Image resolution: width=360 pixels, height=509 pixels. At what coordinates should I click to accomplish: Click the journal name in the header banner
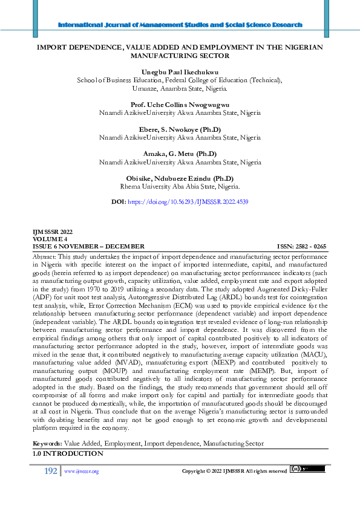[180, 25]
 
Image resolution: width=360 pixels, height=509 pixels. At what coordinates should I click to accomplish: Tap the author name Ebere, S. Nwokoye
[180, 129]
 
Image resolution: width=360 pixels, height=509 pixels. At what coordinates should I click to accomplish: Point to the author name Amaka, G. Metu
[180, 154]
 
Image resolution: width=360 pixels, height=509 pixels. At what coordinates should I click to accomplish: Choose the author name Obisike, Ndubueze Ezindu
[180, 179]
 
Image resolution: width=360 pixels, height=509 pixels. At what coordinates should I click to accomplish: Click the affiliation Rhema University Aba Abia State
[180, 187]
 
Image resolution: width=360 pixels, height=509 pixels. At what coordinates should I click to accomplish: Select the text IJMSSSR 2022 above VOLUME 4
[52, 232]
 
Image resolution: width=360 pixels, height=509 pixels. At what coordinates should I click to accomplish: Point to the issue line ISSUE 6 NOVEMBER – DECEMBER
[88, 247]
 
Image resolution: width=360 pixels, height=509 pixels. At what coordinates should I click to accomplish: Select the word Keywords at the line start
[46, 444]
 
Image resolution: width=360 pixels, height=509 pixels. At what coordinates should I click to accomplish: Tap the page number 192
[50, 471]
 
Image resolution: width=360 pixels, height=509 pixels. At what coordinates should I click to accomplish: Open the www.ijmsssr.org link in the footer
[81, 472]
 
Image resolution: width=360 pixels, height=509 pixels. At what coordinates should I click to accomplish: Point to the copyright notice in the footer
[234, 471]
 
